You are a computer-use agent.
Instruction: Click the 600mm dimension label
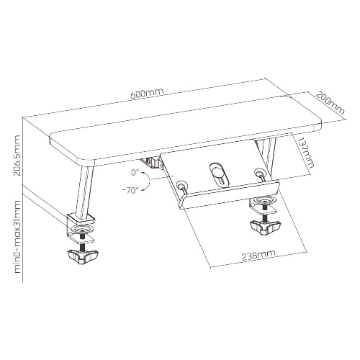[147, 93]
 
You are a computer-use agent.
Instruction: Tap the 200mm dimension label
[330, 103]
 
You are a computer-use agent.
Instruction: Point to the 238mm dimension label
[258, 256]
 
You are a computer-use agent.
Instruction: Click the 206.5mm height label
[17, 155]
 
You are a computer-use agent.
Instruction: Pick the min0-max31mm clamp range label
[17, 236]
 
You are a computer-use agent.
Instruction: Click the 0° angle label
[135, 172]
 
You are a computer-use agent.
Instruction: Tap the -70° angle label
[130, 191]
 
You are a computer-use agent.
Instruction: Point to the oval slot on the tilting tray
[217, 174]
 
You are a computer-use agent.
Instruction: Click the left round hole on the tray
[181, 185]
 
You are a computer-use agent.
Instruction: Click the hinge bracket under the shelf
[152, 163]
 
